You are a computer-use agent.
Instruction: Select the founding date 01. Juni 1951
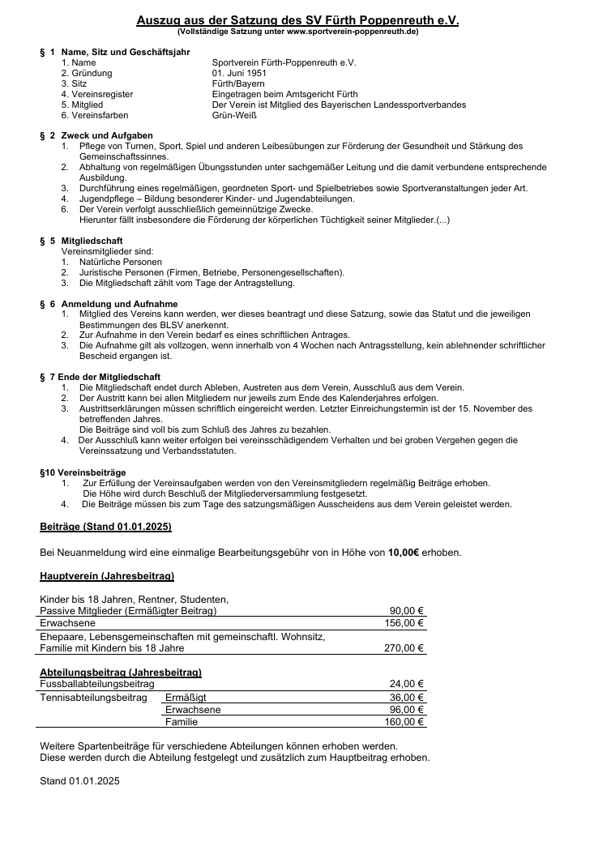pyautogui.click(x=238, y=73)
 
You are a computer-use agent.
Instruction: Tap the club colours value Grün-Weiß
pyautogui.click(x=234, y=115)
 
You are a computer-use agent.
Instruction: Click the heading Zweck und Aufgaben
pyautogui.click(x=107, y=135)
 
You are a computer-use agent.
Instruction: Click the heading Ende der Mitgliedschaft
pyautogui.click(x=110, y=377)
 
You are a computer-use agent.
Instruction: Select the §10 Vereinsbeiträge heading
pyautogui.click(x=83, y=472)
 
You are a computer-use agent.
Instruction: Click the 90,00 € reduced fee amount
pyautogui.click(x=407, y=611)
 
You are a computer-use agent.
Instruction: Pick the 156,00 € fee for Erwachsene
pyautogui.click(x=404, y=623)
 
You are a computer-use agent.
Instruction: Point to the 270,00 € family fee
pyautogui.click(x=404, y=648)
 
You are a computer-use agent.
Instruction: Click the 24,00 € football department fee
pyautogui.click(x=407, y=684)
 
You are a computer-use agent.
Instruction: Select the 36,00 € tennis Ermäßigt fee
pyautogui.click(x=407, y=697)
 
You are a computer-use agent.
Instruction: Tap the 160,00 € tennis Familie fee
pyautogui.click(x=404, y=722)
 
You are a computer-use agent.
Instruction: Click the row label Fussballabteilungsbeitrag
pyautogui.click(x=96, y=684)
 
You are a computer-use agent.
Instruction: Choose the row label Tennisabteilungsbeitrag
pyautogui.click(x=93, y=697)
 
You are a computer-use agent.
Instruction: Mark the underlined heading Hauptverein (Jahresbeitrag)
pyautogui.click(x=107, y=577)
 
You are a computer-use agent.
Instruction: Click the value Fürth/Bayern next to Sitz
pyautogui.click(x=238, y=83)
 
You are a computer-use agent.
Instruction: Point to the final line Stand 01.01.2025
pyautogui.click(x=79, y=782)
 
